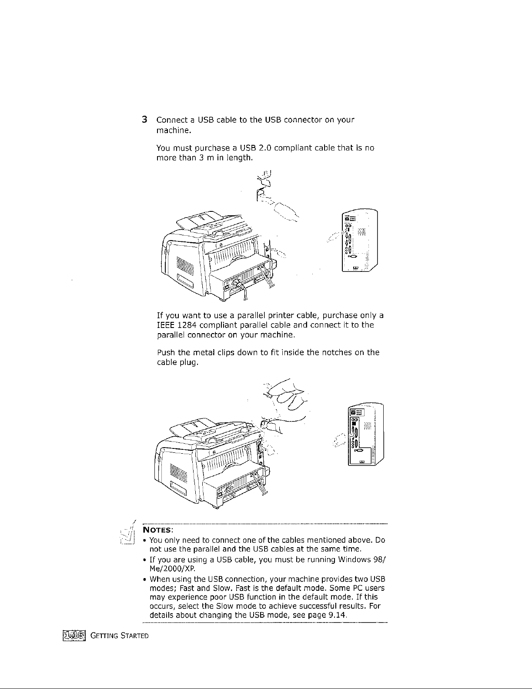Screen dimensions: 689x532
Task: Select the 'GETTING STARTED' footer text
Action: pos(120,637)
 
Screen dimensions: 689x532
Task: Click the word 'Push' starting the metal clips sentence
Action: pos(165,353)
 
